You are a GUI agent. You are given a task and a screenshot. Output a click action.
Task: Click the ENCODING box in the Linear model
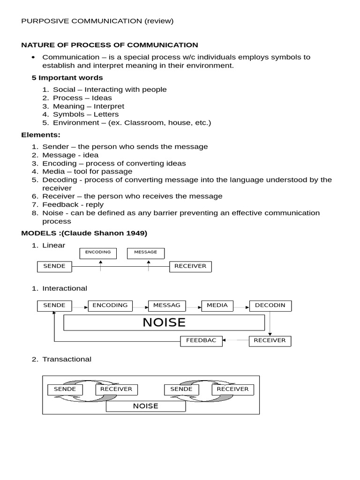[98, 253]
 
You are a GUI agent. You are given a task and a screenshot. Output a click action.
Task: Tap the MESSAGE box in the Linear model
[145, 253]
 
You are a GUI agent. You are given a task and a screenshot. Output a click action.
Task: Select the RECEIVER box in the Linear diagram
[190, 267]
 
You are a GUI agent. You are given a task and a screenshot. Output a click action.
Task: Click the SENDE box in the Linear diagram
[54, 267]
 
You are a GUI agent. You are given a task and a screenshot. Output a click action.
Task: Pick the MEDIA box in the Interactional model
[217, 306]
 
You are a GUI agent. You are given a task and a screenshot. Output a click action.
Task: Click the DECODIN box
[270, 306]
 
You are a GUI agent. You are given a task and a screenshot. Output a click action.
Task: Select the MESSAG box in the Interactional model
[166, 306]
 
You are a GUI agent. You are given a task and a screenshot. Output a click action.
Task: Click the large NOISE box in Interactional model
[164, 322]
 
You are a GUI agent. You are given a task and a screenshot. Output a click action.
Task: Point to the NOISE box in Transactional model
[146, 406]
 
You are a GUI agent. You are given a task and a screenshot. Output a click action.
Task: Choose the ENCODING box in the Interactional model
[110, 306]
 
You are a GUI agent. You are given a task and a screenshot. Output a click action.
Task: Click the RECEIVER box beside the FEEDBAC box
[270, 341]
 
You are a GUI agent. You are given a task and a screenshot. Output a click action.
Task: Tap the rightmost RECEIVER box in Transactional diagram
[232, 390]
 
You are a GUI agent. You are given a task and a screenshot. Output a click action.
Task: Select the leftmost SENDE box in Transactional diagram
[65, 390]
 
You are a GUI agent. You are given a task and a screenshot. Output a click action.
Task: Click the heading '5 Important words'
[67, 77]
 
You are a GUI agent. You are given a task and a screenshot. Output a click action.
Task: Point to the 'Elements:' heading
[41, 135]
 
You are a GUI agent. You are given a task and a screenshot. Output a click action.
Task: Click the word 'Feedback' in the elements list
[58, 204]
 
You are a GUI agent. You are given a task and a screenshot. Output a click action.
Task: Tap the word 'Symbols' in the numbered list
[66, 114]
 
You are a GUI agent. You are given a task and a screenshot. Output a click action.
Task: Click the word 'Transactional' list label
[67, 359]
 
